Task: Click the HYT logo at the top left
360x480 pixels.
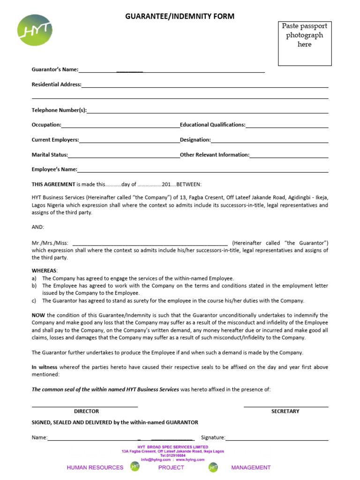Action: click(35, 30)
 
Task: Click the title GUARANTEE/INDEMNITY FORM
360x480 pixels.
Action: click(180, 16)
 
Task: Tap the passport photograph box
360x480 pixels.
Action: click(305, 43)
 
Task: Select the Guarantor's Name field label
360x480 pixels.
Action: click(55, 70)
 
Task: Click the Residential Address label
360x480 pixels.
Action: click(56, 85)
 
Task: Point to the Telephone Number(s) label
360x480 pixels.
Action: click(59, 110)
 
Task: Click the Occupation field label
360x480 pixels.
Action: click(46, 125)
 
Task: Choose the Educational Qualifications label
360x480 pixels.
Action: click(212, 125)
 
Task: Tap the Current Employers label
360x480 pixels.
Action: click(55, 140)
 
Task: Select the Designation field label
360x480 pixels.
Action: click(195, 140)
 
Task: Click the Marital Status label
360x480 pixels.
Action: click(50, 155)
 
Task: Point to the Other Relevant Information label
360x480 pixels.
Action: click(215, 155)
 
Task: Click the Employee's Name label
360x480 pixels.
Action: click(54, 170)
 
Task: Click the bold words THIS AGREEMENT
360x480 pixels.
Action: click(53, 184)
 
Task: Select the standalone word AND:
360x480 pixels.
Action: click(38, 227)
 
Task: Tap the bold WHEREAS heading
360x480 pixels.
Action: click(45, 271)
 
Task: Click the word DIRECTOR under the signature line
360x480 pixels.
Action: click(86, 411)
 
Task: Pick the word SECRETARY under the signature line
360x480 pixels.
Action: click(285, 411)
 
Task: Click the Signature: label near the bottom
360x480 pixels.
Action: click(213, 438)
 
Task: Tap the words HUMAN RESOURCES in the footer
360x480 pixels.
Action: click(95, 467)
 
